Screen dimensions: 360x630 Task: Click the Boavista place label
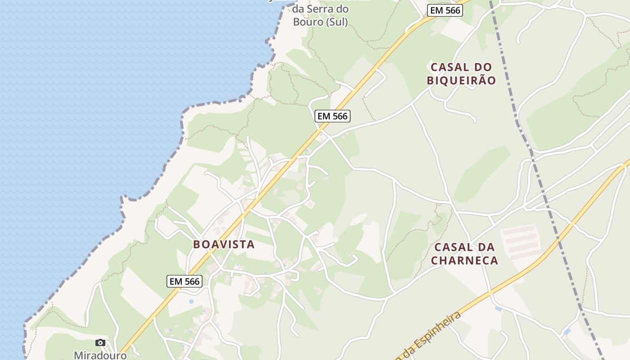coord(224,244)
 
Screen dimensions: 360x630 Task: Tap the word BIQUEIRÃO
coord(461,81)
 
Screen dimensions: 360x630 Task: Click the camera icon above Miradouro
coord(100,343)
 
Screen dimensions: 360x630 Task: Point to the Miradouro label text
coord(100,355)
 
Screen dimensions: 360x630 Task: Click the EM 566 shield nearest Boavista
coord(184,281)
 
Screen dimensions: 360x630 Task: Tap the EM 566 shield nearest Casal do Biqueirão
coord(445,10)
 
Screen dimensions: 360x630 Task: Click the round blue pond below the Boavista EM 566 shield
coord(192,301)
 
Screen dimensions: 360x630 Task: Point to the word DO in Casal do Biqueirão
coord(473,67)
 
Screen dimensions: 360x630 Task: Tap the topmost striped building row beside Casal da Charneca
coord(520,230)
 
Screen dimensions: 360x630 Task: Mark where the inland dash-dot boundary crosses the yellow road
coord(571,224)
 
